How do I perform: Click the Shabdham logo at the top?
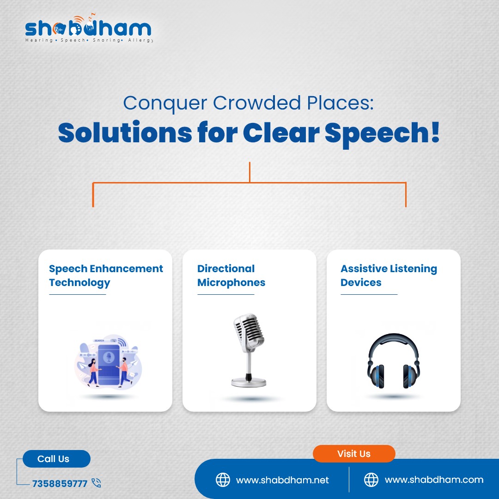[89, 28]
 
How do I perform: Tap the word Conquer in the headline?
[165, 104]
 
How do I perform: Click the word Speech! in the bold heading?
[382, 134]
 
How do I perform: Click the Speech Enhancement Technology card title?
[106, 275]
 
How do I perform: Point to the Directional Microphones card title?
[231, 275]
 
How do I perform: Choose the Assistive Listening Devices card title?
[389, 275]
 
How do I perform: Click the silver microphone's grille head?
[249, 332]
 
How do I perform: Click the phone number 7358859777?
[60, 483]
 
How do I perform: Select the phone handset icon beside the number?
[96, 483]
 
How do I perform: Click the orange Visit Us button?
[354, 454]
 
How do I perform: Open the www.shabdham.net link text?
[282, 480]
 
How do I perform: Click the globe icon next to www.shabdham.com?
[371, 480]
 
